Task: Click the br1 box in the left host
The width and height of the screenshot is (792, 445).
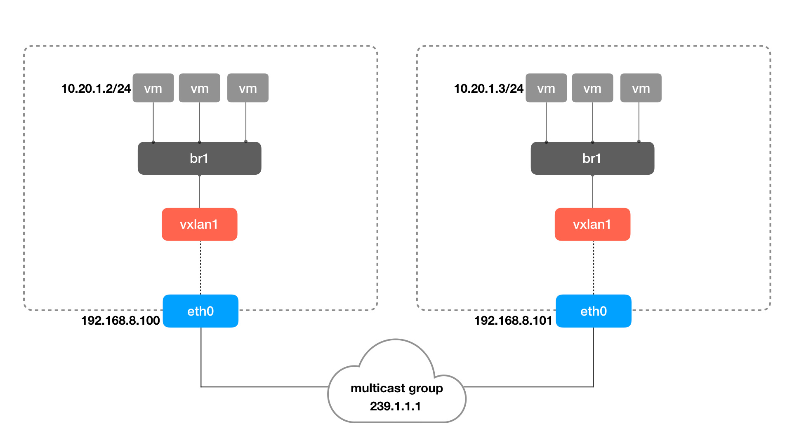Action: tap(199, 158)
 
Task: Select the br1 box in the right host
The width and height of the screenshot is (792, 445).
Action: tap(592, 158)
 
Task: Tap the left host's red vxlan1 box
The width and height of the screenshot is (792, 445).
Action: tap(199, 224)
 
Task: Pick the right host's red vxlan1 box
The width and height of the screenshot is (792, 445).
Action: tap(592, 224)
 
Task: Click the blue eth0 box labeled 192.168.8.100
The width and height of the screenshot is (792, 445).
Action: tap(200, 311)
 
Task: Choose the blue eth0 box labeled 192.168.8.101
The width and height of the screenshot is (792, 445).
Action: tap(594, 311)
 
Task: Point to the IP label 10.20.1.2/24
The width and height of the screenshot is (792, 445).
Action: tap(96, 89)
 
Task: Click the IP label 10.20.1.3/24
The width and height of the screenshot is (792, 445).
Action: tap(488, 89)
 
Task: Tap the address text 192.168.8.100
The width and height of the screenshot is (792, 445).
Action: tap(120, 321)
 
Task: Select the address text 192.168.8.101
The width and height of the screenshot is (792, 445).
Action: tap(513, 321)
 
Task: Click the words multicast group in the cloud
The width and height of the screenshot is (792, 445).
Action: tap(396, 388)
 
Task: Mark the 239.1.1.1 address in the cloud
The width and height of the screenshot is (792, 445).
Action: tap(395, 406)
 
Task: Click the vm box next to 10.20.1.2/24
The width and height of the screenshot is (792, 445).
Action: tap(153, 88)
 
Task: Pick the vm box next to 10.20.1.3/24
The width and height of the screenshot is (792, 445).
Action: tap(546, 88)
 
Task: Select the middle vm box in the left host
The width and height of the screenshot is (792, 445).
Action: tap(200, 88)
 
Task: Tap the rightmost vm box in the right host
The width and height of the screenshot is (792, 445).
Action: tap(641, 88)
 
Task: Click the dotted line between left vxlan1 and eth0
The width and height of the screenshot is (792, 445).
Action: tap(200, 268)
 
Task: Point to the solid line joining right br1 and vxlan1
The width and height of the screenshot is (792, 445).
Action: tap(593, 192)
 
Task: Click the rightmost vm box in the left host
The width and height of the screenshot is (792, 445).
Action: tap(248, 88)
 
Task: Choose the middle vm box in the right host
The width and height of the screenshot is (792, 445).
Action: tap(592, 88)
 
